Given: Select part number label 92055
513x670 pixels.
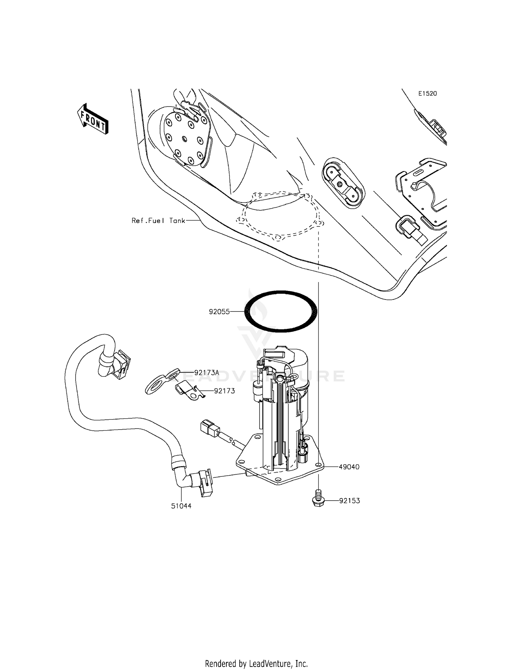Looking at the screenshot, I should [x=220, y=312].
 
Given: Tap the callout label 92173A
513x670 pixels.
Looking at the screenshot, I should [x=207, y=373].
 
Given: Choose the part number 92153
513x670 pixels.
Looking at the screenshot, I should [x=350, y=501].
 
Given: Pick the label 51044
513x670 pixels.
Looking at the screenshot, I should [x=181, y=506].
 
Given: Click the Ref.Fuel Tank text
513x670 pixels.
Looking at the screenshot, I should [x=158, y=221].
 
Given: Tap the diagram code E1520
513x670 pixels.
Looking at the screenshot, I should [x=428, y=94].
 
